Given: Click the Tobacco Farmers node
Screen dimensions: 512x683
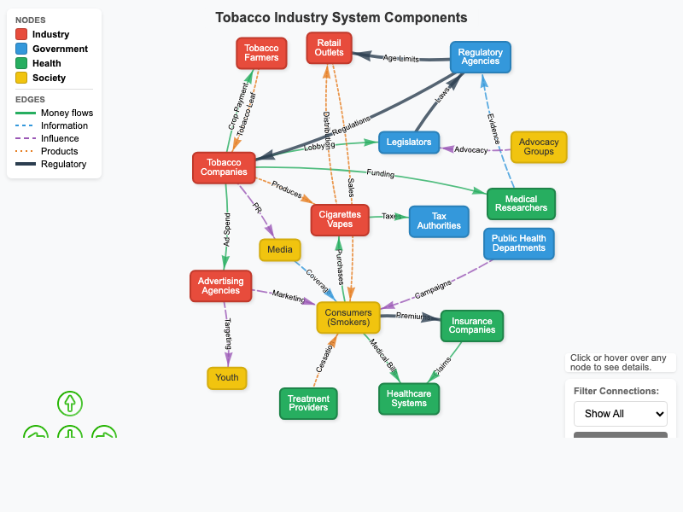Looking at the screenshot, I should click(x=261, y=53).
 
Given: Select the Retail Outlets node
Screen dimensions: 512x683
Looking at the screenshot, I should click(x=329, y=48).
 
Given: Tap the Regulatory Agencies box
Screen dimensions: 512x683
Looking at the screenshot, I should click(x=480, y=57).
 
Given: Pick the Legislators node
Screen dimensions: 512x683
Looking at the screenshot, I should click(x=409, y=142).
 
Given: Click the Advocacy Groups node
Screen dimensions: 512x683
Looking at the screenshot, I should click(x=539, y=147).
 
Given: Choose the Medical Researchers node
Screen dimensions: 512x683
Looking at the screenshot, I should click(x=521, y=204).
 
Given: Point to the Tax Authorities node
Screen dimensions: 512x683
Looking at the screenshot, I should click(x=439, y=221).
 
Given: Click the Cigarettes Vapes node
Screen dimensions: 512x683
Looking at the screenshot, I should click(x=340, y=219).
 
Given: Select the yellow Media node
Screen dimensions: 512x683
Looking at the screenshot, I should click(x=280, y=250).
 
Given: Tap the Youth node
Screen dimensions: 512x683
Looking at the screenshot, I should click(x=227, y=378).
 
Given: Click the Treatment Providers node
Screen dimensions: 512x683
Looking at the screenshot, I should click(x=308, y=404).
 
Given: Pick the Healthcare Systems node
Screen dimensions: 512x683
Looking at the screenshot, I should click(x=409, y=399).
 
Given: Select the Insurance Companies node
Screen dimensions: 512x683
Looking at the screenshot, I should click(x=472, y=326).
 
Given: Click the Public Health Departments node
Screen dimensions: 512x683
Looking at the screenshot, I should click(x=519, y=243).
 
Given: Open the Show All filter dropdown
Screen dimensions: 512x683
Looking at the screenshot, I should click(x=620, y=414).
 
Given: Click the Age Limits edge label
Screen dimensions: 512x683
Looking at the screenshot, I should click(x=400, y=58).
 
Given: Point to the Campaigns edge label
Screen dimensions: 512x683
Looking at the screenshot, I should click(x=432, y=289).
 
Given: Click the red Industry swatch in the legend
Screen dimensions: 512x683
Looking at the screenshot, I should click(x=21, y=35).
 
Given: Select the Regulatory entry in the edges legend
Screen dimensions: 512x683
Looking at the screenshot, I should click(x=63, y=164).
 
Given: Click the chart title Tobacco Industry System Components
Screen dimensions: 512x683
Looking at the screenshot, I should click(x=341, y=18).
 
